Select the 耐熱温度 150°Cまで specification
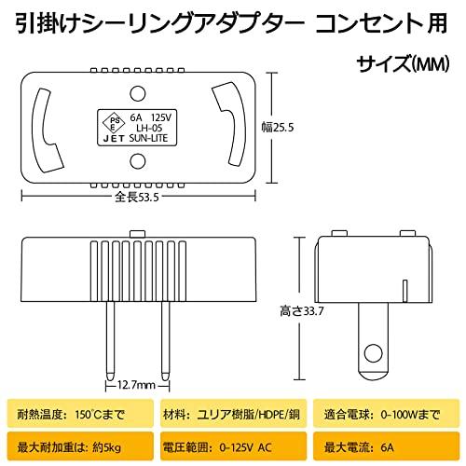(x=70, y=411)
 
